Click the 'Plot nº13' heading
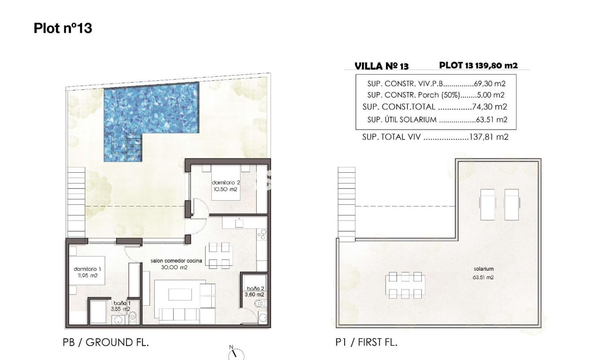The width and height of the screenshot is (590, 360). (x=63, y=28)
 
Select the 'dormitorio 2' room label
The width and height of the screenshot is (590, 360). (x=226, y=183)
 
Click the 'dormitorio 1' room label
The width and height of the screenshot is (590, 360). (x=86, y=269)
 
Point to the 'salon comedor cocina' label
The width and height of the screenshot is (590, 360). (x=176, y=260)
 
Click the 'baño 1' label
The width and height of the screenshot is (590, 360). (x=119, y=303)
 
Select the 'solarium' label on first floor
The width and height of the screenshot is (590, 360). (x=483, y=269)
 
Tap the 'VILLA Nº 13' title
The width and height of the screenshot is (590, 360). (x=381, y=66)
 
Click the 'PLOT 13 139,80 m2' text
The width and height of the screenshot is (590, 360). (x=478, y=66)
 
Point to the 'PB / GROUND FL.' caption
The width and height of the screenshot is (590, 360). (x=105, y=342)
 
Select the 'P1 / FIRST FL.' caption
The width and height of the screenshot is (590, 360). (x=367, y=342)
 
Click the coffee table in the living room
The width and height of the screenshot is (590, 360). (x=180, y=294)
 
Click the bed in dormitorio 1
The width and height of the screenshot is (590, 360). (x=88, y=270)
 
